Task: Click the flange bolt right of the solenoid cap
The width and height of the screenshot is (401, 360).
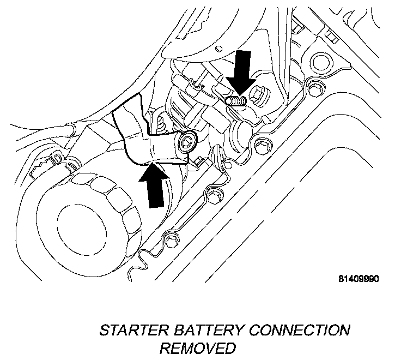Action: pyautogui.click(x=263, y=145)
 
